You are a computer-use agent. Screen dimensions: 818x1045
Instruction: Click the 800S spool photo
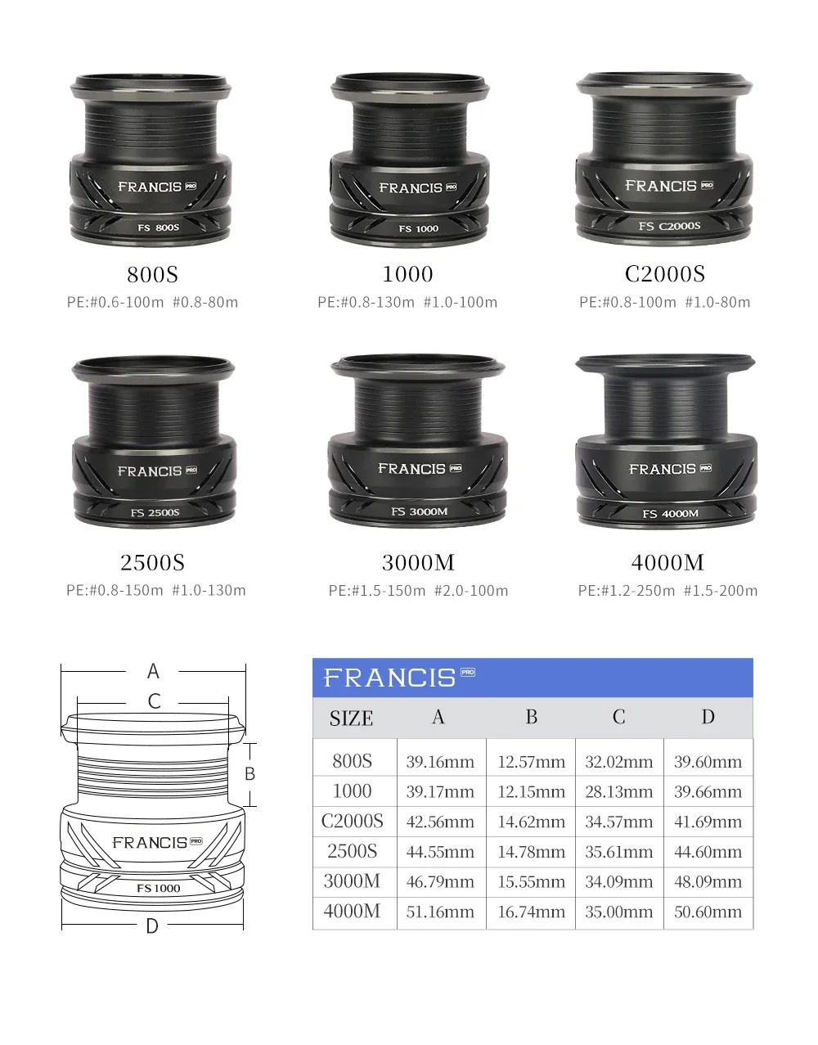[x=151, y=160]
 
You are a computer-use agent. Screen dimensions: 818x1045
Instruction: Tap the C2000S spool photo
[x=665, y=159]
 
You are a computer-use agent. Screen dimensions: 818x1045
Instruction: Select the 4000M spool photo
[x=666, y=441]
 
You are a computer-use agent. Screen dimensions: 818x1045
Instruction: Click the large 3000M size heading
[x=418, y=563]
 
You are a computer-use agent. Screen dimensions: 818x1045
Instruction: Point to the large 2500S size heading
[x=152, y=563]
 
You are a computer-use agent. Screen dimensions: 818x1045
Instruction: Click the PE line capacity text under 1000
[x=407, y=302]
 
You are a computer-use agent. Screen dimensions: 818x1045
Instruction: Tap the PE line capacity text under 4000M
[x=667, y=590]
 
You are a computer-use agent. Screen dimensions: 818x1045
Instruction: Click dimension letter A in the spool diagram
[x=153, y=671]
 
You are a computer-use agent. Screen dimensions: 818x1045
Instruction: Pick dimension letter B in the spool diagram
[x=249, y=774]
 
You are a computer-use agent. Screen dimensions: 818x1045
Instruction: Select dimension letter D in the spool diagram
[x=152, y=926]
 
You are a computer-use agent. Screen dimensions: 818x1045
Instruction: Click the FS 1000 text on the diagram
[x=158, y=888]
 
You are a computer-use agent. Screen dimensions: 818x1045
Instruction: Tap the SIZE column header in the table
[x=351, y=718]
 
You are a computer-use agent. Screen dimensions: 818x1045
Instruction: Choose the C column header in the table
[x=619, y=717]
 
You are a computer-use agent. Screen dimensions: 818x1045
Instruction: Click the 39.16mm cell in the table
[x=440, y=762]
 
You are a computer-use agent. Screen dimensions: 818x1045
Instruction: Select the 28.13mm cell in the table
[x=619, y=791]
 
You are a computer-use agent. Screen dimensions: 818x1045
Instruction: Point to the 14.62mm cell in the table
[x=531, y=822]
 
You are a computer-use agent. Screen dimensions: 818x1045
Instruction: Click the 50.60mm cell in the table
[x=708, y=912]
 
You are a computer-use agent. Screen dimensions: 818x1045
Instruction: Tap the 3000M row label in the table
[x=352, y=881]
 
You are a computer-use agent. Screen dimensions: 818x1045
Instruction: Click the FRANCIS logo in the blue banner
[x=399, y=677]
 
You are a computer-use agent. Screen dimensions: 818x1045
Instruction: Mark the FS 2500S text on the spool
[x=155, y=512]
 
